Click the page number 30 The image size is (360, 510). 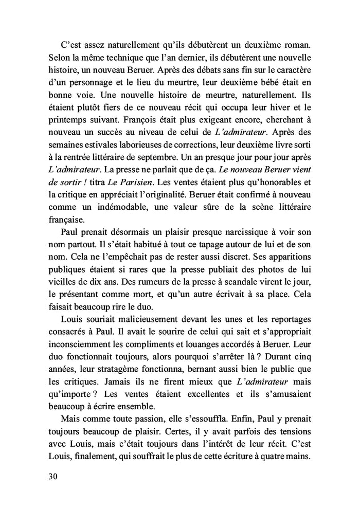pos(52,476)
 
